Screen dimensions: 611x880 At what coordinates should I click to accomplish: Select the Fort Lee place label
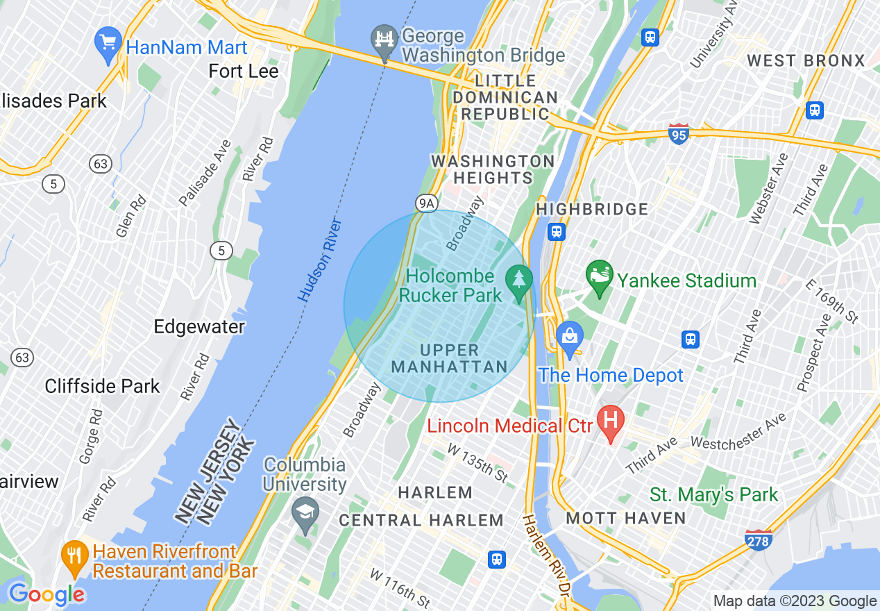click(x=244, y=72)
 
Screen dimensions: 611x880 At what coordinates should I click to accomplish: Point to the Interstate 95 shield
click(x=679, y=133)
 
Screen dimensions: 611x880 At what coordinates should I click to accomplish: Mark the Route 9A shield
click(x=428, y=203)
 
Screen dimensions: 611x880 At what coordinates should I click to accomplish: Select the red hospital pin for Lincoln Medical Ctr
click(x=611, y=423)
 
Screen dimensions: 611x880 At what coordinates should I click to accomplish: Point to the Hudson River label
click(x=321, y=260)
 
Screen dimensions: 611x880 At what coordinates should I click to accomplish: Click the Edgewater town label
click(x=199, y=327)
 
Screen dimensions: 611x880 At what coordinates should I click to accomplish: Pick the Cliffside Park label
click(x=102, y=386)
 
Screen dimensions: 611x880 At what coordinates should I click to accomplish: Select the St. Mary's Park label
click(x=713, y=494)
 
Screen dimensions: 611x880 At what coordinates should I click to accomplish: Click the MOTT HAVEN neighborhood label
click(x=626, y=518)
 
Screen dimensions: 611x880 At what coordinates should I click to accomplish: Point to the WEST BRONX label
click(x=806, y=61)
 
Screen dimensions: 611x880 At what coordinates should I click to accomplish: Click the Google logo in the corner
click(x=46, y=594)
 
